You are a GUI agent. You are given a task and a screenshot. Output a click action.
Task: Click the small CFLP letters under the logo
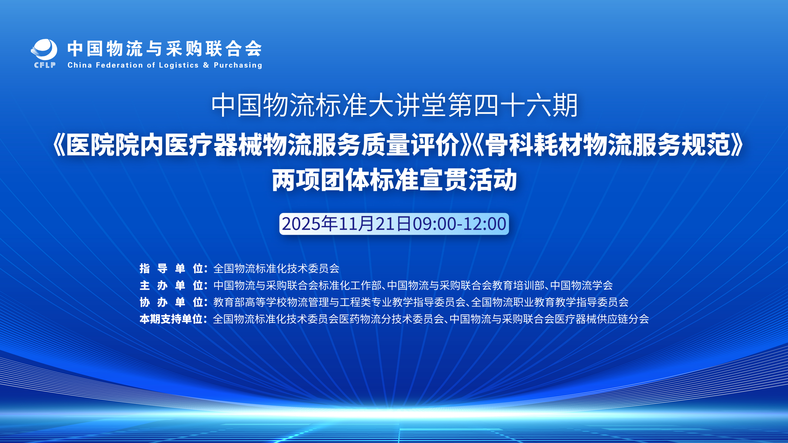pyautogui.click(x=45, y=65)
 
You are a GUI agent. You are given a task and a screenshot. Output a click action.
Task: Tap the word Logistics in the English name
pyautogui.click(x=179, y=65)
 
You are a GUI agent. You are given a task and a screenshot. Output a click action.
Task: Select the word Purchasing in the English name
pyautogui.click(x=238, y=65)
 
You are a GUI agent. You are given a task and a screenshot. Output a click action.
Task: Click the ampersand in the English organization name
pyautogui.click(x=206, y=65)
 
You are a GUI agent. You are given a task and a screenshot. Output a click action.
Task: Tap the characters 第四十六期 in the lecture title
pyautogui.click(x=513, y=106)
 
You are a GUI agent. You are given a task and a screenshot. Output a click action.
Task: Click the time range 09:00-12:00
pyautogui.click(x=459, y=224)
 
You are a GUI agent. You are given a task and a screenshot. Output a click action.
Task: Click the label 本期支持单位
pyautogui.click(x=171, y=319)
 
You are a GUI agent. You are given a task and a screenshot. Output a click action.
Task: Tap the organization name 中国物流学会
pyautogui.click(x=581, y=285)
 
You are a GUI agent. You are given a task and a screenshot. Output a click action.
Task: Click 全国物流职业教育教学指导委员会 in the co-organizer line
pyautogui.click(x=550, y=302)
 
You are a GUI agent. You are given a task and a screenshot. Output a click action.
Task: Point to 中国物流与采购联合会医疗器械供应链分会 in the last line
pyautogui.click(x=549, y=319)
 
